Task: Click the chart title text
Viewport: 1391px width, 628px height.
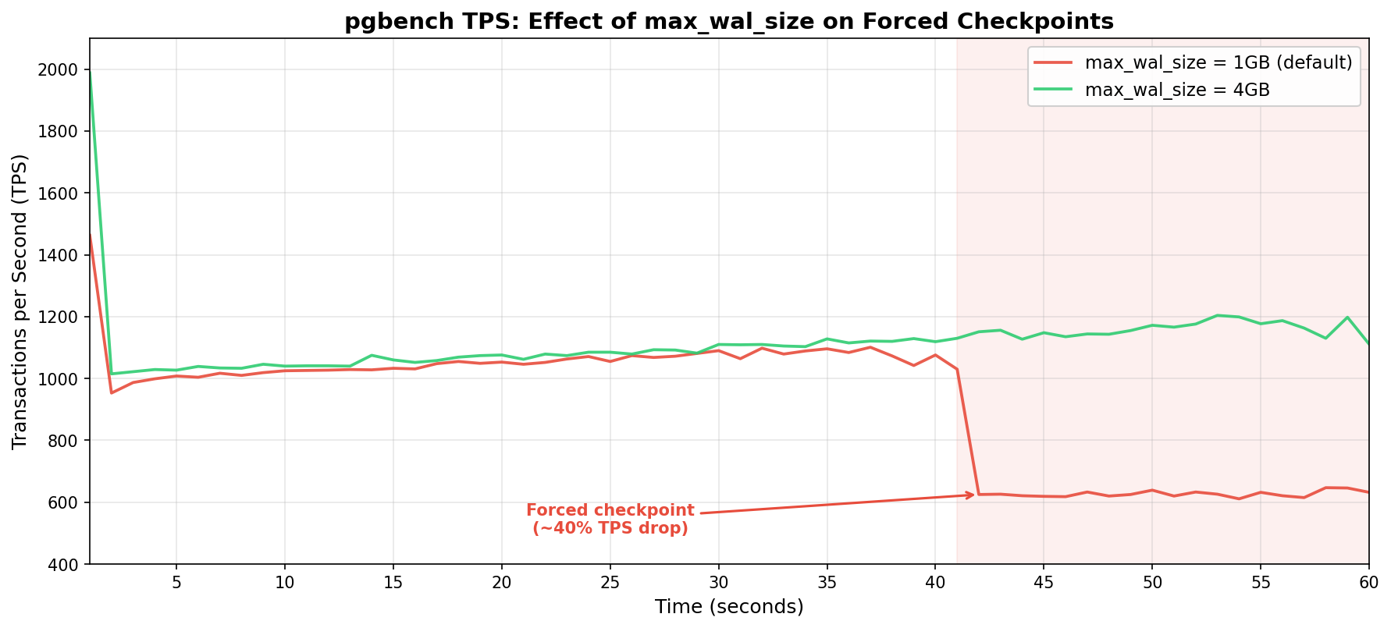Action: point(729,21)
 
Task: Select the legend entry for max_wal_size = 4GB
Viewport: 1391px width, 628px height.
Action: point(1177,90)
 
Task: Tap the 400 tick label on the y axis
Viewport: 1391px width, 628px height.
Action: point(66,564)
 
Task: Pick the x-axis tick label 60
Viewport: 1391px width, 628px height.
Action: point(1368,583)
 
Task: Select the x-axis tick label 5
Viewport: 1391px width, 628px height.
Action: point(176,583)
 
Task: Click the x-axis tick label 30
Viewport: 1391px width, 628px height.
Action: point(718,583)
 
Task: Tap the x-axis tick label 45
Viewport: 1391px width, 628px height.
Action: point(1044,583)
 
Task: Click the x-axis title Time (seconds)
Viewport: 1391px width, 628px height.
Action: point(729,607)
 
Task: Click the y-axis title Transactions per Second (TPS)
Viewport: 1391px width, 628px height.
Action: point(20,301)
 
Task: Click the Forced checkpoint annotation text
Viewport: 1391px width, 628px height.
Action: point(610,520)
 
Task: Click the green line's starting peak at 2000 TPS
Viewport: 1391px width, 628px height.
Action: point(91,70)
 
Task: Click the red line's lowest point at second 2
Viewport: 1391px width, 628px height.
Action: point(112,392)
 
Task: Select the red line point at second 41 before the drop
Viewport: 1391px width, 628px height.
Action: point(957,369)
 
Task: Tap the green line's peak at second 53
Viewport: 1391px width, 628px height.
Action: point(1217,315)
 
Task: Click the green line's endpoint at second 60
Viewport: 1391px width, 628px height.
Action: point(1368,343)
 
